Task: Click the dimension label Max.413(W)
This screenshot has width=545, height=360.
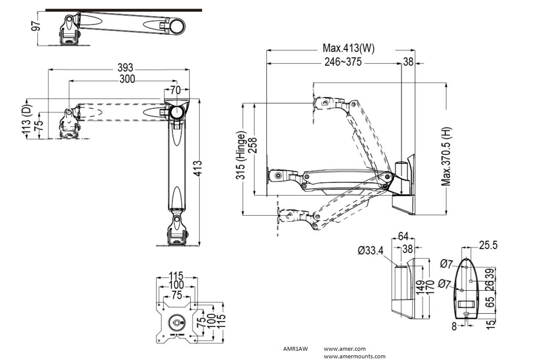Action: [348, 48]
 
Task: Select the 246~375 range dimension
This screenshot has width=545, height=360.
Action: [343, 62]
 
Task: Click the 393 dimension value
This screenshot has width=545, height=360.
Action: [125, 68]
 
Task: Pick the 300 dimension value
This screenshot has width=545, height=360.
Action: [127, 79]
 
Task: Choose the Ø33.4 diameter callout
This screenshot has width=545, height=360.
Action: [370, 250]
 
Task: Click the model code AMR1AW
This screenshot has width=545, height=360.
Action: [296, 349]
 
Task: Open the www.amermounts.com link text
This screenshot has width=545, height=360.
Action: [354, 357]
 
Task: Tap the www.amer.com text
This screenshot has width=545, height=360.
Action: [345, 349]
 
